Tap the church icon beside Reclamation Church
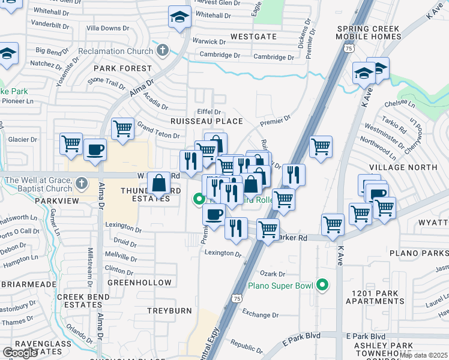pos(161,50)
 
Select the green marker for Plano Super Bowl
pos(322,286)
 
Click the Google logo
pos(20,353)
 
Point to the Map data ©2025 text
pos(423,355)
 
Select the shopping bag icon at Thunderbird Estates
pos(158,184)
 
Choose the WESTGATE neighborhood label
pos(253,37)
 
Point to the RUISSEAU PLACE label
pos(208,121)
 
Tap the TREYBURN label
pos(170,311)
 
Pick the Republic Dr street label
pos(247,346)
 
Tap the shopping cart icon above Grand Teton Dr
pos(122,127)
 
